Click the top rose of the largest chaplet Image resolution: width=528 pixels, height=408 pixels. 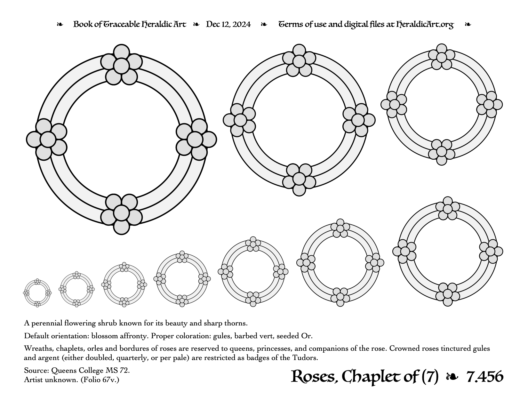tap(121, 65)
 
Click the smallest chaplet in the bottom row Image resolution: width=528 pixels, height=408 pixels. tap(37, 293)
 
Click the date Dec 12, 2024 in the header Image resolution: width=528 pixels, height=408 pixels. tap(228, 24)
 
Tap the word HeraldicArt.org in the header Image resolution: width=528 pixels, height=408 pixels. tap(425, 25)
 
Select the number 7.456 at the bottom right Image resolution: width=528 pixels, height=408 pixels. tap(485, 377)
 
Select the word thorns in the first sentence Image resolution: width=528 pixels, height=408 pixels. tap(237, 324)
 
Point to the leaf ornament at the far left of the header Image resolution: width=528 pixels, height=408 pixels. tap(60, 25)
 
